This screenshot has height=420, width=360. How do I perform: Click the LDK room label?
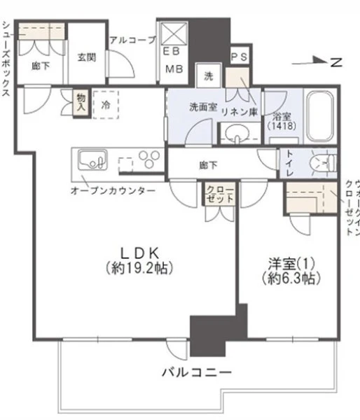pos(139,252)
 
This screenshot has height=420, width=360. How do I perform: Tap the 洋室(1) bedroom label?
pos(291,264)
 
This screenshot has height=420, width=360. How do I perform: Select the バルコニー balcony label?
pos(197,372)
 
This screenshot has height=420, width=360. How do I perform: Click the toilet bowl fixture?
pos(322,163)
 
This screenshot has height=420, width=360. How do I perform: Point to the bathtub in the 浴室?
pos(320,116)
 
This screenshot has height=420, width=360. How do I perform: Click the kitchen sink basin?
pos(92,160)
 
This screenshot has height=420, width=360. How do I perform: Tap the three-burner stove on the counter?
pos(150,159)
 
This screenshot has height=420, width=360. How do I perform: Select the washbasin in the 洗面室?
pos(237,133)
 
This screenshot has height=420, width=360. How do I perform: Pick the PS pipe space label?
pos(239,57)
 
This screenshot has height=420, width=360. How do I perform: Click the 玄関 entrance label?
pos(87,57)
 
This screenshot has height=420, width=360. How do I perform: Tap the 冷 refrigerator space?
pos(106,105)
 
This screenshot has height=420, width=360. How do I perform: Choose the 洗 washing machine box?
pos(209,76)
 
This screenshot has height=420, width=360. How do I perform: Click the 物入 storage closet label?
pos(81,102)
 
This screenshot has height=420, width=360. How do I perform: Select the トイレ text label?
pos(290,163)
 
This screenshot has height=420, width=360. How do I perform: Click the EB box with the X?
pos(174,34)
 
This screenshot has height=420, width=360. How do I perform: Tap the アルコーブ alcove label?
pos(132,40)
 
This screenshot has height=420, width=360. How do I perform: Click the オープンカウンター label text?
pos(113,190)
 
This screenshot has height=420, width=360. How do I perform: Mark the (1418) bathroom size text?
pos(282,126)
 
